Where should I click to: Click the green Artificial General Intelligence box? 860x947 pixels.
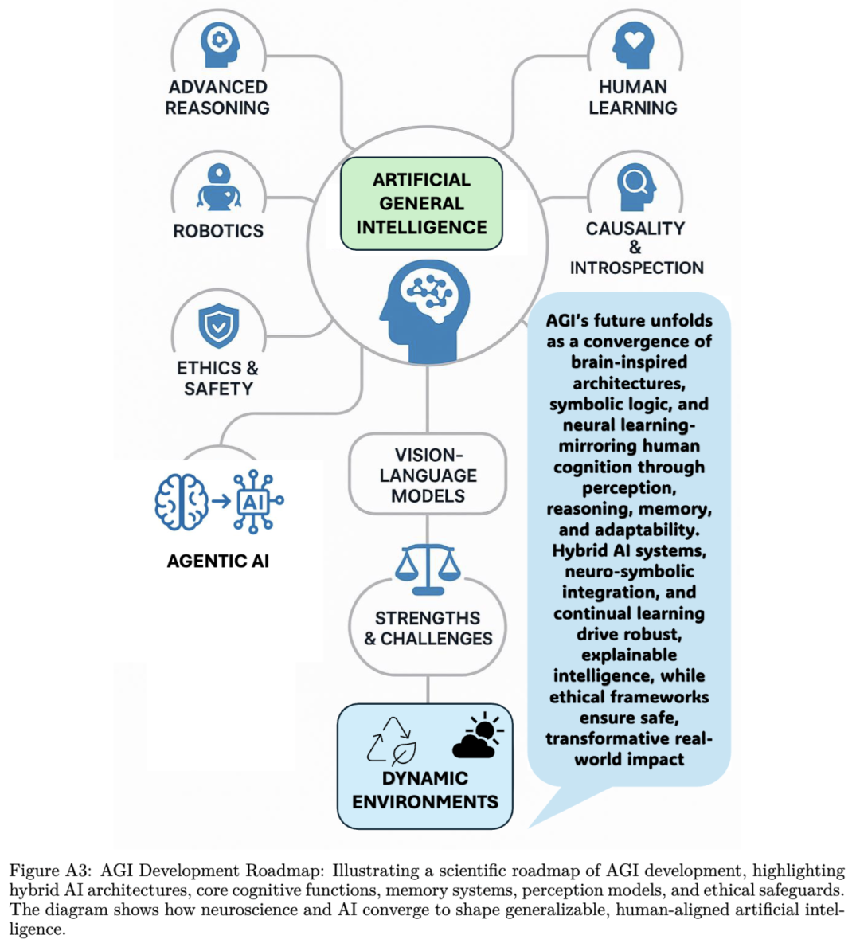click(x=421, y=204)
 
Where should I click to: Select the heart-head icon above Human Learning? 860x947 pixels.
click(x=633, y=45)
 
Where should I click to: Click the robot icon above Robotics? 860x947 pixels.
click(x=219, y=188)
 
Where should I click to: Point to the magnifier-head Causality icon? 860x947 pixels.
click(x=635, y=186)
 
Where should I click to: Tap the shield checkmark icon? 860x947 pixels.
click(x=218, y=325)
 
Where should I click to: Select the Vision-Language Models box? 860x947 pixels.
click(x=428, y=475)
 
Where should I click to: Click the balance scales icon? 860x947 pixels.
click(x=428, y=569)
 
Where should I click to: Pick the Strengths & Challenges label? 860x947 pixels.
click(x=428, y=628)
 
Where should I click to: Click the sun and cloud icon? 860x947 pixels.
click(x=479, y=735)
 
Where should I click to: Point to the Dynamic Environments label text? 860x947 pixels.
click(x=425, y=790)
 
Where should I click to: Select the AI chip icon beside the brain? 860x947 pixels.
click(x=255, y=502)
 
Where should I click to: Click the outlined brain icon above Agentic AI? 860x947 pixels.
click(x=182, y=502)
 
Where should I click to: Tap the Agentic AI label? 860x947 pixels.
click(x=218, y=561)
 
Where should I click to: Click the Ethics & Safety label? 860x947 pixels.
click(x=217, y=378)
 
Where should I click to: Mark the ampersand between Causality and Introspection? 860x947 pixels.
click(x=635, y=248)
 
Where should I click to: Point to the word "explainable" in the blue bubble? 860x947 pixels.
click(x=629, y=655)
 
